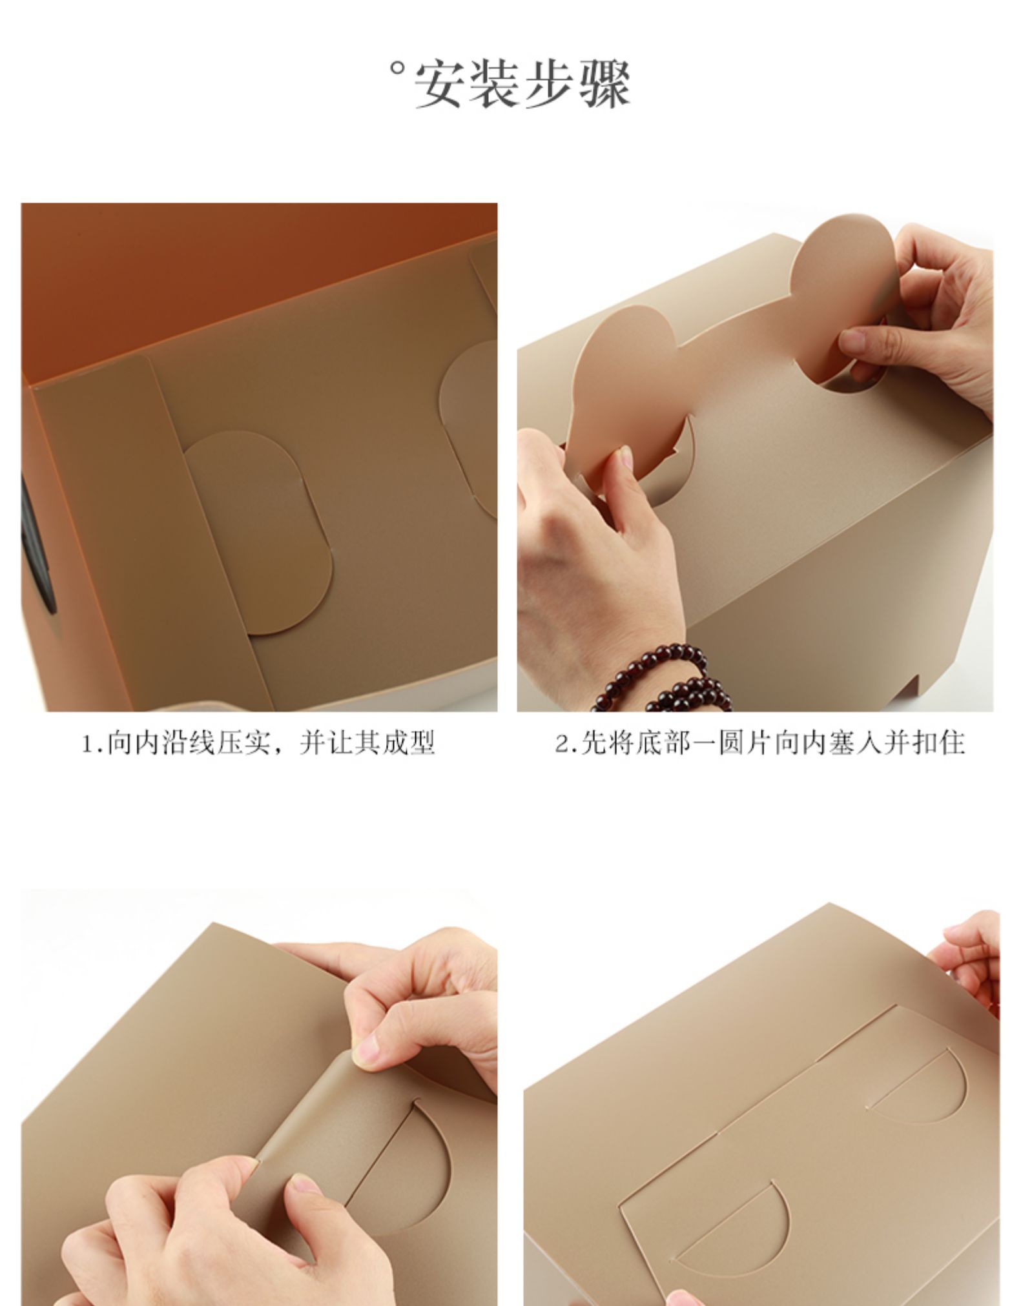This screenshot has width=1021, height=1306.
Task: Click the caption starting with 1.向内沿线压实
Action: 258,743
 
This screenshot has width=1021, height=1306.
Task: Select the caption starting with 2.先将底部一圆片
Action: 759,743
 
